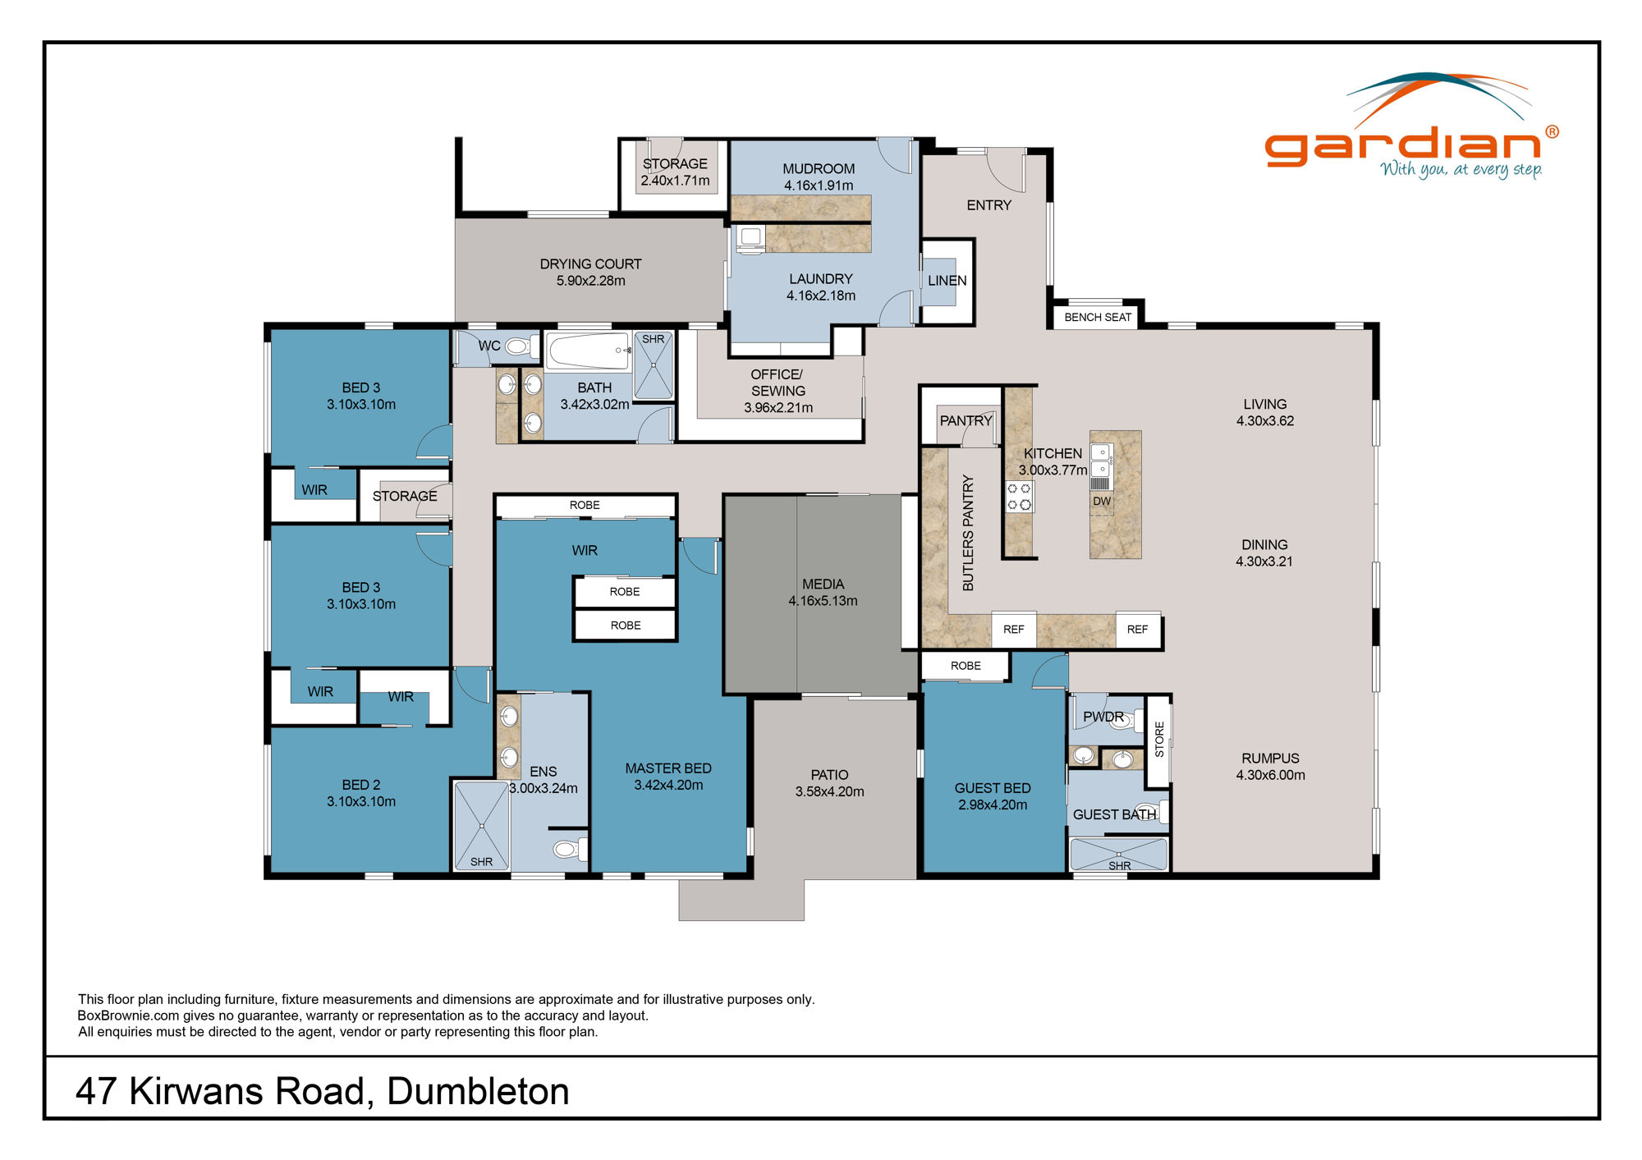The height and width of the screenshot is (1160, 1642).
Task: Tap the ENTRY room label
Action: [x=988, y=205]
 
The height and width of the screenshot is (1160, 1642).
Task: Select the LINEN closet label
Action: [x=947, y=281]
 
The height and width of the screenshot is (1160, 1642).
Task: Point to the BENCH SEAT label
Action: [x=1098, y=317]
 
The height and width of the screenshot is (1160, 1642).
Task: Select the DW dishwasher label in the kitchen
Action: [x=1101, y=501]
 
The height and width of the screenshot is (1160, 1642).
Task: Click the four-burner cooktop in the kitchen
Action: [x=1020, y=496]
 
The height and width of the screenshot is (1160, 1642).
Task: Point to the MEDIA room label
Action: [x=823, y=584]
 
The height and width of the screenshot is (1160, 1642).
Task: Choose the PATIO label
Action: [x=829, y=775]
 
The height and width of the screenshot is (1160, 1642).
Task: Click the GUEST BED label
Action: [x=992, y=788]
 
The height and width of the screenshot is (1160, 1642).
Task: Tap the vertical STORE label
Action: [x=1159, y=739]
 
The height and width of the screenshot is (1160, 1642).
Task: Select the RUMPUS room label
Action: [x=1270, y=759]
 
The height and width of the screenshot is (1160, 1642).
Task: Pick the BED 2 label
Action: [x=361, y=785]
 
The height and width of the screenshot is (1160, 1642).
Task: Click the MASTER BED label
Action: [x=668, y=768]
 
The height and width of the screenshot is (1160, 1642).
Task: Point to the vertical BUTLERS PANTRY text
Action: [x=968, y=533]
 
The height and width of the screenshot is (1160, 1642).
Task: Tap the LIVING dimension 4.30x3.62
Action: [x=1265, y=421]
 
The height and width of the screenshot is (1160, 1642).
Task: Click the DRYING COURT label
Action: [x=590, y=264]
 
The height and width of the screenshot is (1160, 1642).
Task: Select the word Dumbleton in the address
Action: [x=478, y=1091]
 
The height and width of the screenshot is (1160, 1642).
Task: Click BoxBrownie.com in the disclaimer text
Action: [x=128, y=1016]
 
